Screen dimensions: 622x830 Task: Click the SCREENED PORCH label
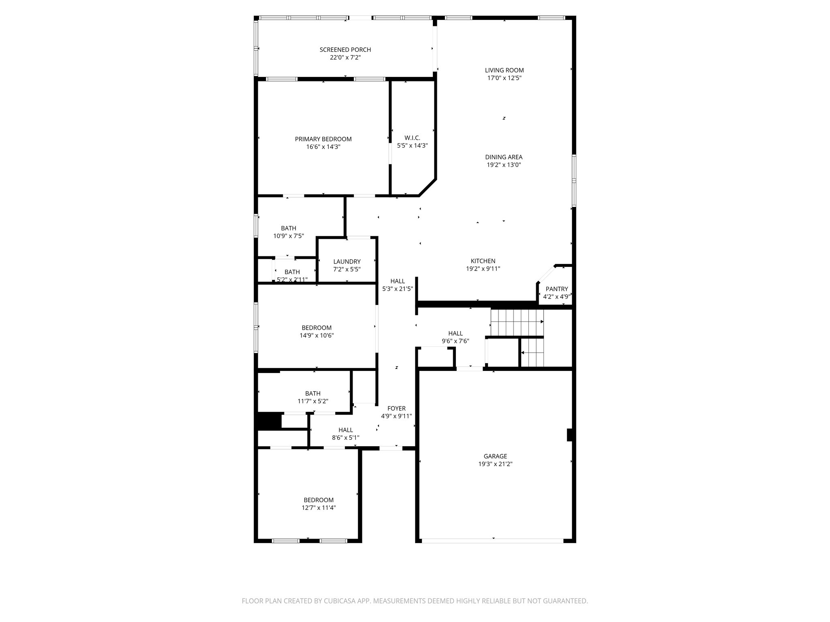[345, 50]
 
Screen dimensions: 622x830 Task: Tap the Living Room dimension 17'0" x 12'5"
[504, 78]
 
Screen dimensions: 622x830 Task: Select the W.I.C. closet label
[412, 138]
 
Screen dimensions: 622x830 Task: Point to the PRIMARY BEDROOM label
[323, 139]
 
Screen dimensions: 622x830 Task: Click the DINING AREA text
[504, 157]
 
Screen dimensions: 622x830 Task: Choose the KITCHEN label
[483, 261]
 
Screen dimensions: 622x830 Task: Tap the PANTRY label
[556, 289]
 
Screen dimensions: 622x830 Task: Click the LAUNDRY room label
[347, 262]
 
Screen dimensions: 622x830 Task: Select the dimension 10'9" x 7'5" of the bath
[289, 236]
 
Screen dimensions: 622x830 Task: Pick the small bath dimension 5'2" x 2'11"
[292, 279]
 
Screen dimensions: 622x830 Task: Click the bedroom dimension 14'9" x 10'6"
[316, 335]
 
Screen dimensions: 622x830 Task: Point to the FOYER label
[396, 409]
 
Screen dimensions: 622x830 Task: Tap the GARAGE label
[495, 456]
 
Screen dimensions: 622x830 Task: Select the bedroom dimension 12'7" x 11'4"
[319, 507]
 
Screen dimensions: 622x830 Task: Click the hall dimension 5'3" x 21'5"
[397, 289]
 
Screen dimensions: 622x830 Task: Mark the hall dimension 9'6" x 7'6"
[455, 341]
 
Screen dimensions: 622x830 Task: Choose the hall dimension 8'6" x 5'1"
[345, 437]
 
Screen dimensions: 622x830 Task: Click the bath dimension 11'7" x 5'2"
[312, 401]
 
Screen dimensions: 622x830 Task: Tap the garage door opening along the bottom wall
[493, 540]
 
